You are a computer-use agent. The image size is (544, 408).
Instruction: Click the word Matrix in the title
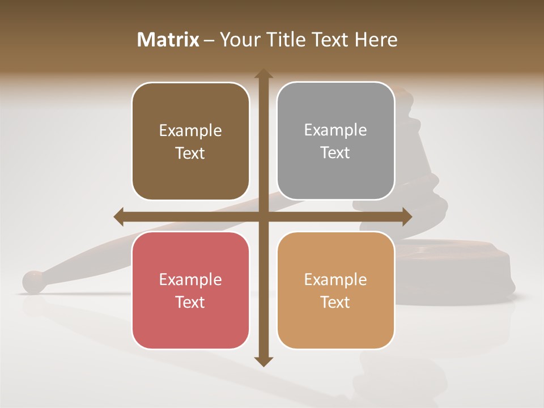pos(168,40)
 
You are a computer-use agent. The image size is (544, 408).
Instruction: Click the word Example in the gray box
pos(335,130)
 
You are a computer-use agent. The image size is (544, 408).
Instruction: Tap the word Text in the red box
pos(190,302)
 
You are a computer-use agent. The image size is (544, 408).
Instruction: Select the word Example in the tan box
pos(335,279)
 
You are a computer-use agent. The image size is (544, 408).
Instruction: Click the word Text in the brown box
pos(190,153)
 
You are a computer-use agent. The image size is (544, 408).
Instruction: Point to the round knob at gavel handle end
pos(34,281)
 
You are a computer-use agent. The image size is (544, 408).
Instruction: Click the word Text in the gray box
pos(335,152)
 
